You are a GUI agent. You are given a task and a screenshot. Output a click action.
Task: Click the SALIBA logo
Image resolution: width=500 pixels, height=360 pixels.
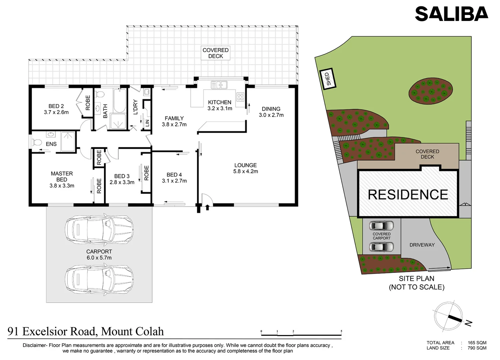click(x=451, y=14)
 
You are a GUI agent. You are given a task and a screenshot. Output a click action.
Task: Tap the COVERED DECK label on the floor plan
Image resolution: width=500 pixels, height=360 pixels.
click(x=215, y=53)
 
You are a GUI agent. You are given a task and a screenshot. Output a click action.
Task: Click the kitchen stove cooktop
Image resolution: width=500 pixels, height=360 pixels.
click(x=240, y=97)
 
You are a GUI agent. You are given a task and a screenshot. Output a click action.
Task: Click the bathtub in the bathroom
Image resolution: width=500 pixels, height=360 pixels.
click(x=119, y=101)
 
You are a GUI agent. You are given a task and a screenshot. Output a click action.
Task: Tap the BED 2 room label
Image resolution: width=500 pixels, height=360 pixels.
click(x=56, y=106)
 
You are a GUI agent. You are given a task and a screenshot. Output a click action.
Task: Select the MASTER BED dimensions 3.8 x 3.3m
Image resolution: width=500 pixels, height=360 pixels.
click(x=62, y=186)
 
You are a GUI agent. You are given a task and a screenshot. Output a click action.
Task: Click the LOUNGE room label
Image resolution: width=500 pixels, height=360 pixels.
click(x=245, y=165)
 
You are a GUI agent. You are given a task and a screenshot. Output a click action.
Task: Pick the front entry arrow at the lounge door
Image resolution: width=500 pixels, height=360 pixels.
click(x=207, y=208)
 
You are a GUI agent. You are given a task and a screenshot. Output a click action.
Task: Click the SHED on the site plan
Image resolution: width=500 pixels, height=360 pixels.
click(x=328, y=79)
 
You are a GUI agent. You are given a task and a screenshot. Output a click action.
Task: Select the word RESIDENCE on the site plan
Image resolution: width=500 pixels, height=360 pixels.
click(x=408, y=195)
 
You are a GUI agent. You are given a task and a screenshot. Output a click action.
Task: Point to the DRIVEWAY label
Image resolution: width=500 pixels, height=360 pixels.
click(x=422, y=245)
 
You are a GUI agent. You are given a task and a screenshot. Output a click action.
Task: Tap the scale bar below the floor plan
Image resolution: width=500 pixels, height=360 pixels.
click(x=301, y=333)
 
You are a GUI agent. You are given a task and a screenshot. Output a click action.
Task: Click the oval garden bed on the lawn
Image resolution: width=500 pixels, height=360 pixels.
click(x=431, y=90)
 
